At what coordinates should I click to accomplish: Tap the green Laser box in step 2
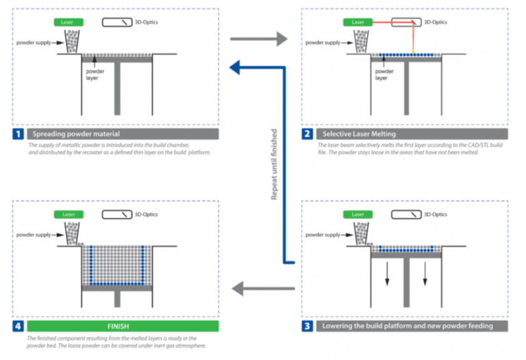[x=358, y=22]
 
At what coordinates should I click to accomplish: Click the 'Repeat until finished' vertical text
[x=275, y=164]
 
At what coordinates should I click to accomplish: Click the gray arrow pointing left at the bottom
[x=258, y=288]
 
